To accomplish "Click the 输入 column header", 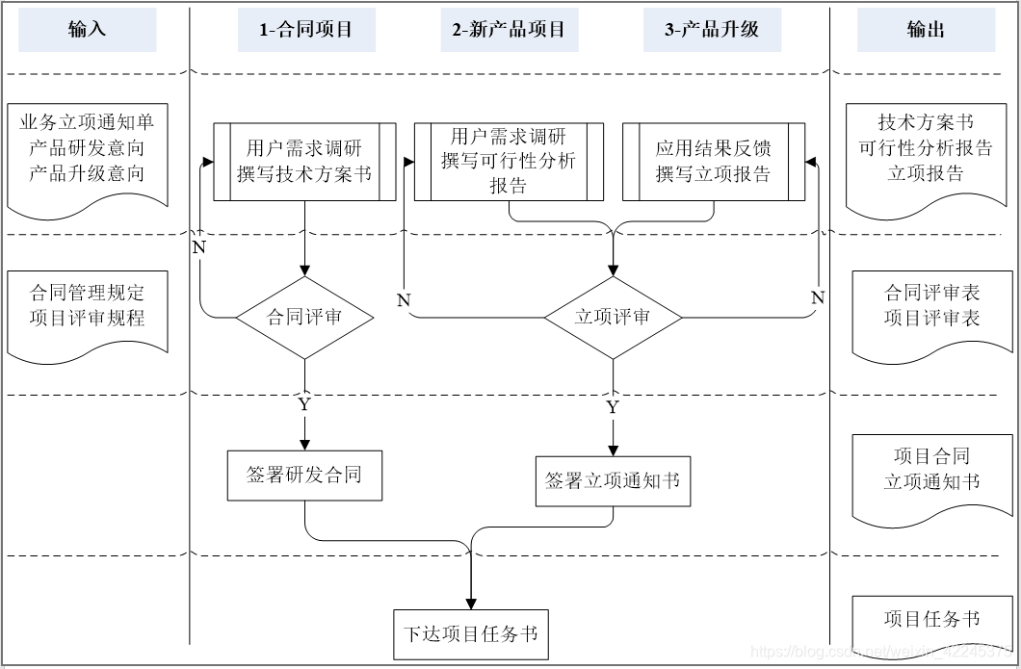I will [87, 30].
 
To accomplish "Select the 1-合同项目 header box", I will [306, 30].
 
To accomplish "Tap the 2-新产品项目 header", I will [509, 30].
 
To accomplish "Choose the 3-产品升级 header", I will [712, 30].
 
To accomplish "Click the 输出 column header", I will [926, 30].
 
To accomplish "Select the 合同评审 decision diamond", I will [305, 317].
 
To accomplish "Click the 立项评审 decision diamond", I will [613, 317].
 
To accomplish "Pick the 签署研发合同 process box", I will [304, 476].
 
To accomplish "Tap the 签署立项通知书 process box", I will [613, 480].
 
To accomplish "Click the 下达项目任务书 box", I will [471, 634].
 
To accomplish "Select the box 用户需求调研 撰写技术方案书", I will [304, 161].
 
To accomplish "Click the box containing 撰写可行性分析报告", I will [509, 161].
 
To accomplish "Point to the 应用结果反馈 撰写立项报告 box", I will [714, 161].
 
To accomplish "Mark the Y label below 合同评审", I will [304, 404].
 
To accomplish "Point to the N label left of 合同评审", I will [198, 246].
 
